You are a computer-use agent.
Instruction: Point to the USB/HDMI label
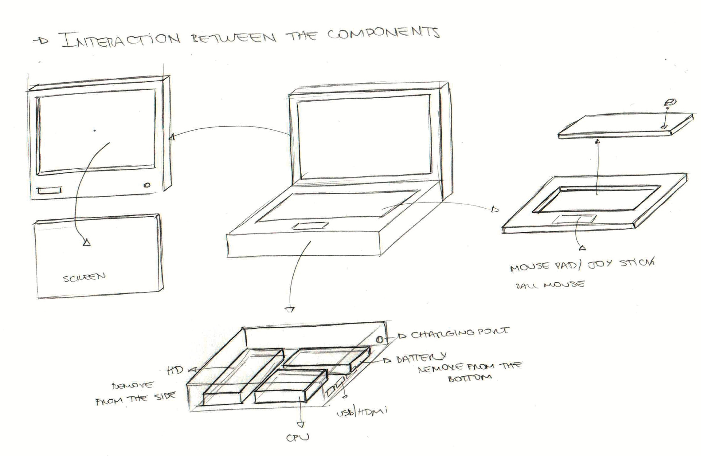(361, 412)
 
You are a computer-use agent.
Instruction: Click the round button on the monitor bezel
(147, 186)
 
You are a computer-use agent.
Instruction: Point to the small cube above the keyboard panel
(668, 102)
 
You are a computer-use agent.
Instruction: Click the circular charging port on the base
(380, 339)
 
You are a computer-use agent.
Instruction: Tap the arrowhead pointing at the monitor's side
(171, 136)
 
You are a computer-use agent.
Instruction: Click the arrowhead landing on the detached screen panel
(87, 242)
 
